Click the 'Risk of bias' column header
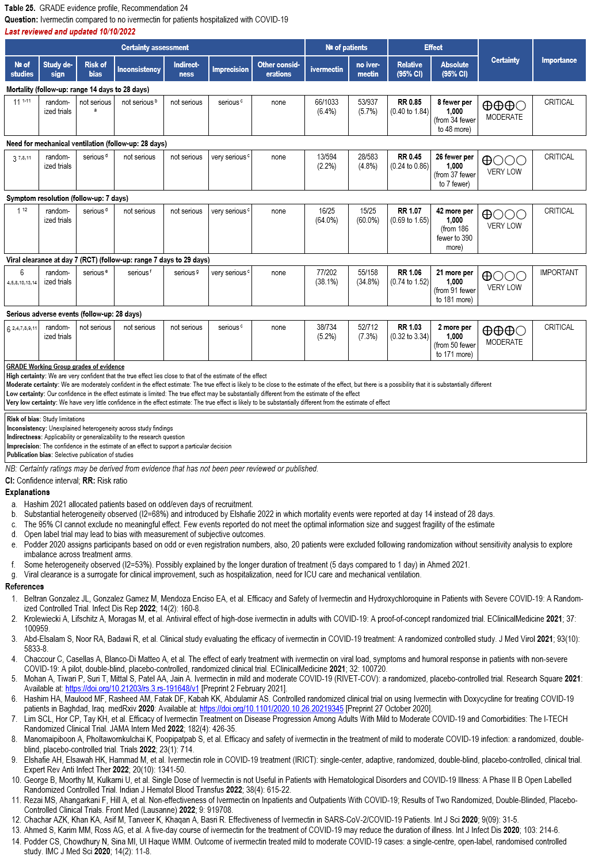tap(96, 69)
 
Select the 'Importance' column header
tap(559, 60)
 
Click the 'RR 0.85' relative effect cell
tap(410, 106)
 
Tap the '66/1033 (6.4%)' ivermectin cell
tap(326, 106)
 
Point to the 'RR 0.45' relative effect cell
tap(410, 161)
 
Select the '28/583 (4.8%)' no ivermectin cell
tap(368, 161)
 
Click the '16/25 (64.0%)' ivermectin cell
tap(326, 215)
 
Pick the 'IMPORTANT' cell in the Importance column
tap(559, 272)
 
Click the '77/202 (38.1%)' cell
tap(326, 277)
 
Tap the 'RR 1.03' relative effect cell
tap(410, 332)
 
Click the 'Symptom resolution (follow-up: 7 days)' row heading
tap(67, 198)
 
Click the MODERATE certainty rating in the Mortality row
tap(504, 117)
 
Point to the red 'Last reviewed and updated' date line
tap(70, 32)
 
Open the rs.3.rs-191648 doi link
tap(132, 688)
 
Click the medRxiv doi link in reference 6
tap(271, 709)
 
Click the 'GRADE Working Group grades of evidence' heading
tap(65, 367)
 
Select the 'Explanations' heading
tap(28, 492)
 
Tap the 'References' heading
tap(25, 587)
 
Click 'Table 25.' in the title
tap(20, 8)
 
